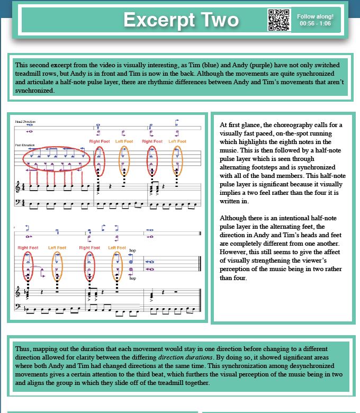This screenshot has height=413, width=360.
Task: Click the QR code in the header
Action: point(279,21)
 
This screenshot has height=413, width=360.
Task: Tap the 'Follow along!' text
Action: point(316,16)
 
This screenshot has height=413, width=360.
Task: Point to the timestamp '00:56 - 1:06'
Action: point(316,24)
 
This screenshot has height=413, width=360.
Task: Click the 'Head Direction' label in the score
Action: point(25,122)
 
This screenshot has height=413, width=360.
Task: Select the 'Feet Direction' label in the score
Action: point(25,145)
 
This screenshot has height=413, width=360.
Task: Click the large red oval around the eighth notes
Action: point(56,158)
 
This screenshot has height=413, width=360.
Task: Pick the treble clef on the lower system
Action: point(19,291)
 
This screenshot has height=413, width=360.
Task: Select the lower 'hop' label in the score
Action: point(132,279)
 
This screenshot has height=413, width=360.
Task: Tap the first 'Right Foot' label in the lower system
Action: point(28,248)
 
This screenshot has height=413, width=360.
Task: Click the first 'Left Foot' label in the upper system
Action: point(124,141)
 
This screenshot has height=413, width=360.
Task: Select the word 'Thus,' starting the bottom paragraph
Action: point(23,349)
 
